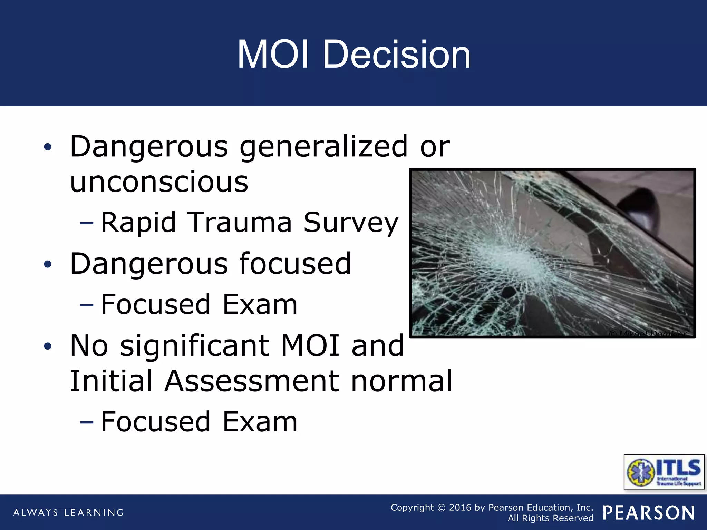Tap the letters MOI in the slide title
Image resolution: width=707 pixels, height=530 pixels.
pyautogui.click(x=273, y=55)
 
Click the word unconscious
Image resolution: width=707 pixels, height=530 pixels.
pyautogui.click(x=159, y=182)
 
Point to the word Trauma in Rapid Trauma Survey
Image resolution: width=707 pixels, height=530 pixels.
pyautogui.click(x=240, y=223)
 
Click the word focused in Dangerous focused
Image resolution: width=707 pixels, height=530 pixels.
pyautogui.click(x=295, y=264)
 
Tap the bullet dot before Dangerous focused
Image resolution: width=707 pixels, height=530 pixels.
pyautogui.click(x=48, y=265)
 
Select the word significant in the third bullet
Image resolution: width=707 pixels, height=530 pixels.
pyautogui.click(x=194, y=346)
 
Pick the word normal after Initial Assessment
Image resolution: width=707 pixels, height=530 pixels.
pyautogui.click(x=401, y=381)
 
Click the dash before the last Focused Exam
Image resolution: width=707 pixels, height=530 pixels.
pyautogui.click(x=86, y=422)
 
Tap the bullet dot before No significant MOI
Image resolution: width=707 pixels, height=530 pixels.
pyautogui.click(x=48, y=346)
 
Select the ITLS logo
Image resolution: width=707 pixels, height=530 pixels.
pyautogui.click(x=664, y=472)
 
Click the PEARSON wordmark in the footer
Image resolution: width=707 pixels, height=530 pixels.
pyautogui.click(x=648, y=512)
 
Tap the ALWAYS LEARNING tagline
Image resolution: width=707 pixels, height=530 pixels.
pyautogui.click(x=68, y=512)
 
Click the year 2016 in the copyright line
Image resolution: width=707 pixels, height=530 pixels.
pyautogui.click(x=460, y=508)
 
